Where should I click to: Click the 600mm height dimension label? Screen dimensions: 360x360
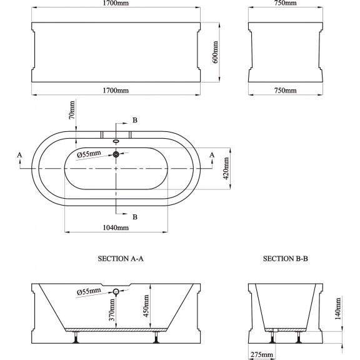(x=216, y=52)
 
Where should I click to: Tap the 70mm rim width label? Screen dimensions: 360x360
(x=72, y=110)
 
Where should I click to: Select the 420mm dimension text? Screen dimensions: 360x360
(x=226, y=168)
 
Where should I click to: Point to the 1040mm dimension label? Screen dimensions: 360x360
(x=116, y=227)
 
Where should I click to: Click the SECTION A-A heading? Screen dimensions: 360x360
(x=121, y=259)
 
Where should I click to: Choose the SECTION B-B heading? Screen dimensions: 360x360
(x=286, y=259)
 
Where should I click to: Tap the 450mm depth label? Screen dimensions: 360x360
(x=146, y=306)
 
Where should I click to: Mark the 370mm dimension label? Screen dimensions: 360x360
(x=112, y=310)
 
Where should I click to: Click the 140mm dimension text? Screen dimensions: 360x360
(x=338, y=309)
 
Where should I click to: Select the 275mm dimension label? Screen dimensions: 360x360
(x=262, y=355)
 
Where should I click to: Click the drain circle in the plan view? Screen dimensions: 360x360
(x=116, y=154)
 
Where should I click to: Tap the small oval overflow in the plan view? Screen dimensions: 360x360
(x=116, y=141)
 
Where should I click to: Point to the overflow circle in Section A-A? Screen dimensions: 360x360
(x=116, y=292)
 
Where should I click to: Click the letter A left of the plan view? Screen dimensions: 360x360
(x=20, y=155)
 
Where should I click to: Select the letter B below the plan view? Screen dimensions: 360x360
(x=135, y=217)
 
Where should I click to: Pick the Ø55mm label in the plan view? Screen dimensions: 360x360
(x=89, y=154)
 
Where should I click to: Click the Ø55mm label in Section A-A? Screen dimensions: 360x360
(x=89, y=292)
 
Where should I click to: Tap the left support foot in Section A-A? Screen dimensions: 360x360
(x=76, y=337)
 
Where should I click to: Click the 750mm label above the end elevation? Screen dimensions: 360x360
(x=286, y=3)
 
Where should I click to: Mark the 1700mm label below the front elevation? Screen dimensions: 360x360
(x=116, y=90)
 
